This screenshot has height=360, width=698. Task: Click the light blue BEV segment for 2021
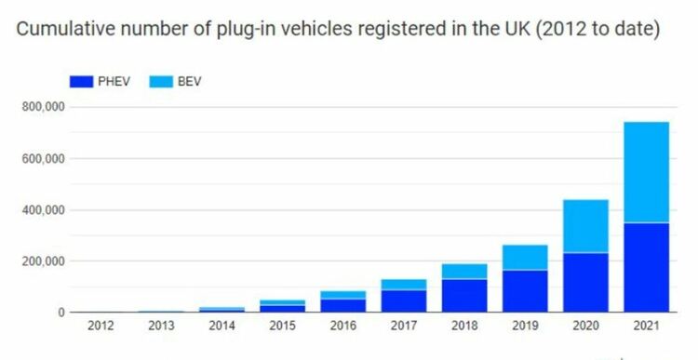click(647, 172)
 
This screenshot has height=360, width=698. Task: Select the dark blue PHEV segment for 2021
click(647, 267)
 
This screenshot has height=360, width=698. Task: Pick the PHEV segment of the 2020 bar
click(585, 283)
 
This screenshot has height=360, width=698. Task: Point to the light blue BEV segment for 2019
click(525, 257)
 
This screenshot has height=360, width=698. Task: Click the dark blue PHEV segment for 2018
click(464, 296)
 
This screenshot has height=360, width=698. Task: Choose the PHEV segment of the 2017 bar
click(404, 301)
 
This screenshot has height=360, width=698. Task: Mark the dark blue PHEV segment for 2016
click(343, 306)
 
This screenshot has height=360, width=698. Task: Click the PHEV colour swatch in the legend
click(82, 82)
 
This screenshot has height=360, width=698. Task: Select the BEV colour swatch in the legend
click(161, 82)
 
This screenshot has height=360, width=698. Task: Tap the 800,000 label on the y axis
click(43, 107)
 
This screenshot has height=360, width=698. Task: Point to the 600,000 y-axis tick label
click(43, 159)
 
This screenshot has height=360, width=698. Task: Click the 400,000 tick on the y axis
click(43, 210)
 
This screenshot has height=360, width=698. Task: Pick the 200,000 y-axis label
click(43, 261)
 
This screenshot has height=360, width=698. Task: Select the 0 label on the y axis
click(61, 313)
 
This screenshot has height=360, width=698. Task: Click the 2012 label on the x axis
click(101, 327)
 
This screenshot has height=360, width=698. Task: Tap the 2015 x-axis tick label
click(282, 327)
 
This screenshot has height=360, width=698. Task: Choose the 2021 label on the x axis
click(646, 327)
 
